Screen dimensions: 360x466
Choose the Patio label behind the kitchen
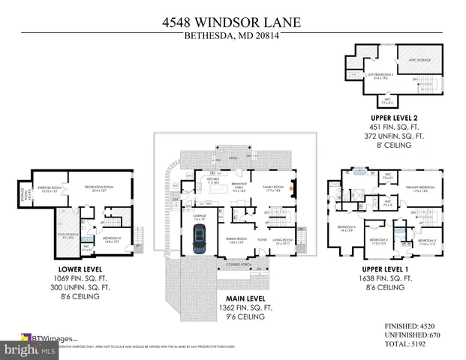[x=233, y=158]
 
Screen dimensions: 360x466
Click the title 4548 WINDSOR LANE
[x=232, y=22]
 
